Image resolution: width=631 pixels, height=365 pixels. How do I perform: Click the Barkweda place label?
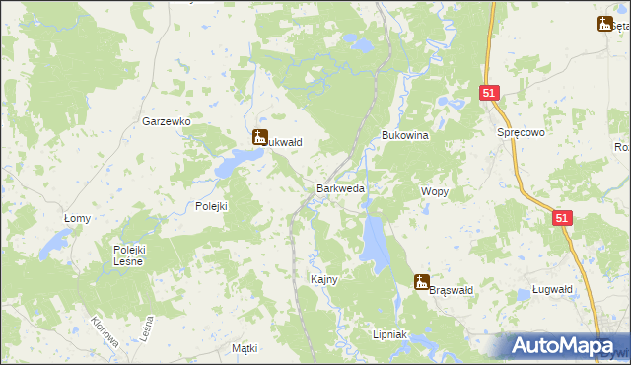[340, 188]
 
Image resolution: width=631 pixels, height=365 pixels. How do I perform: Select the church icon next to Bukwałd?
[260, 138]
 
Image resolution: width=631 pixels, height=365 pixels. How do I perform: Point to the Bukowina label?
[404, 135]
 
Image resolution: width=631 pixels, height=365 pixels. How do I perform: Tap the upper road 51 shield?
[491, 93]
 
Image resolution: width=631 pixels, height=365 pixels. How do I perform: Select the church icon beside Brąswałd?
[422, 282]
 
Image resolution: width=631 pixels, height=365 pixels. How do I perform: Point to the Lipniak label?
[390, 335]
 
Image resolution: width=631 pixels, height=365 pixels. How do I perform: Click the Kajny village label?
[324, 279]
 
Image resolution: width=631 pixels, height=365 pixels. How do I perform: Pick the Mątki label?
[244, 349]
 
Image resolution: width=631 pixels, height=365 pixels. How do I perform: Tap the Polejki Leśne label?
[128, 255]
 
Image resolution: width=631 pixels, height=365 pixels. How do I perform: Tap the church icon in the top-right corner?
[604, 24]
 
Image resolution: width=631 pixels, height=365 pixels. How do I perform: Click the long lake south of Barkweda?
[374, 243]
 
